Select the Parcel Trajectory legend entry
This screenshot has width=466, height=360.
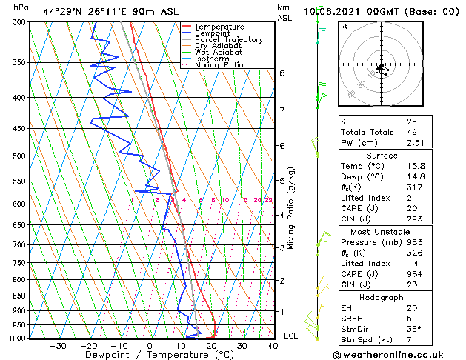(228, 40)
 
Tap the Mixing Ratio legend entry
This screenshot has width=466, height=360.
(219, 65)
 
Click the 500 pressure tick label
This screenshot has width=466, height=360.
(19, 156)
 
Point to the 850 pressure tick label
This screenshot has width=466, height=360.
(19, 296)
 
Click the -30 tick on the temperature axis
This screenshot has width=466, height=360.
(57, 345)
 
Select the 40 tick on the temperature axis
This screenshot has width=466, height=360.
(273, 345)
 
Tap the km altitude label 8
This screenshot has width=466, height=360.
(282, 73)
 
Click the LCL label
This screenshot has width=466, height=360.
(292, 336)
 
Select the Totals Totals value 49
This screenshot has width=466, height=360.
(412, 132)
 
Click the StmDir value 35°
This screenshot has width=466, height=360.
(413, 328)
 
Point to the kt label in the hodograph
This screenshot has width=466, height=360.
(344, 27)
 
